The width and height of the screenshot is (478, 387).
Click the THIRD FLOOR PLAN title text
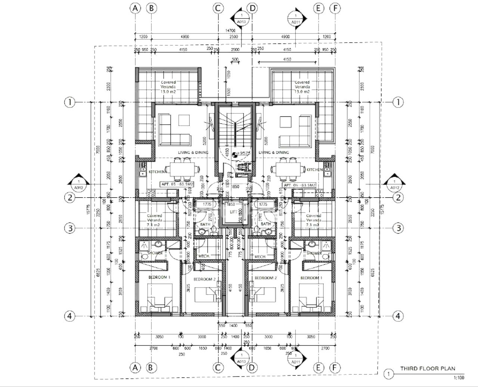(428, 368)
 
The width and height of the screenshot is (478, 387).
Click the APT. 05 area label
(177, 185)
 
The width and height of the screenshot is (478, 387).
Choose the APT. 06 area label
(299, 185)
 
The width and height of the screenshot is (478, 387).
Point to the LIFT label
(233, 212)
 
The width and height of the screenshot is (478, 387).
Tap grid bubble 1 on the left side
(70, 102)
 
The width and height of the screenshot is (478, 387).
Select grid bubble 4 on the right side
(398, 316)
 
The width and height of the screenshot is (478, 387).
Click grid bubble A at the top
(135, 8)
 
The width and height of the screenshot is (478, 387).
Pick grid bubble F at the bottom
(335, 368)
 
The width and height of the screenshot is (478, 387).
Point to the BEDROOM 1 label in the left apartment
(159, 278)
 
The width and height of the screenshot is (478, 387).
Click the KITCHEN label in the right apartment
(314, 170)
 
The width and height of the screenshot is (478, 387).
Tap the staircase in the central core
(235, 129)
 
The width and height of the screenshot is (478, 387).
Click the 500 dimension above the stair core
(235, 59)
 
